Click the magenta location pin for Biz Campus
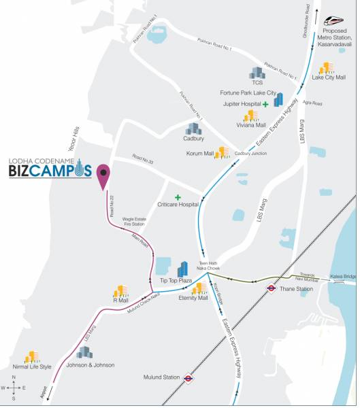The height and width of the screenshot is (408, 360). coord(103,175)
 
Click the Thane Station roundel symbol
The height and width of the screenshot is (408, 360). coord(270,288)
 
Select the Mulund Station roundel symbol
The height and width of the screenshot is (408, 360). coord(189,378)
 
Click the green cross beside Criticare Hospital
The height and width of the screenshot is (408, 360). coord(178,197)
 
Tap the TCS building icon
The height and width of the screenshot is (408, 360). coord(257,73)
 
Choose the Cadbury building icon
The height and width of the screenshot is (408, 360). coord(194,128)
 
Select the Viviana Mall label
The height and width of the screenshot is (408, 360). coord(251,125)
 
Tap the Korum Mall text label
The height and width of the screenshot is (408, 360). coord(199,154)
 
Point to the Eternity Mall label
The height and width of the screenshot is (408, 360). coord(194,298)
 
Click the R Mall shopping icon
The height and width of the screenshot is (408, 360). coord(120,290)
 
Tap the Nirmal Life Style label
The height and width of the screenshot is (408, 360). coord(32,367)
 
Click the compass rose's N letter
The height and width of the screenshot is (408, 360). coord(13,376)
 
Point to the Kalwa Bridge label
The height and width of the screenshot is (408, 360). coord(345,277)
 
